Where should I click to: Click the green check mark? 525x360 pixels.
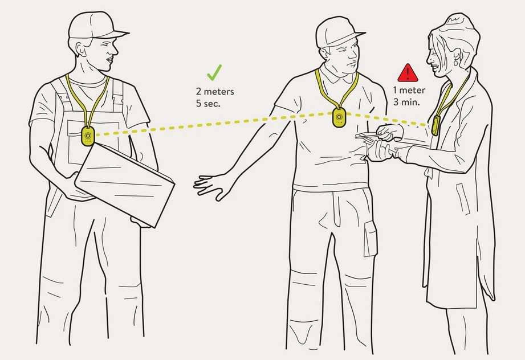[214, 72]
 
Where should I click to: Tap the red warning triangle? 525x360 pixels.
[408, 72]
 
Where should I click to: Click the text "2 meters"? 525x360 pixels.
[214, 91]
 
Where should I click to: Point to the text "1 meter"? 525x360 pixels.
[409, 90]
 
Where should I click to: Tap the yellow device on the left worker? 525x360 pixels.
[87, 136]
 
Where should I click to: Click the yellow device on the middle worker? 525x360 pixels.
[339, 118]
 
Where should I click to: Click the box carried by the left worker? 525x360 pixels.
[124, 181]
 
